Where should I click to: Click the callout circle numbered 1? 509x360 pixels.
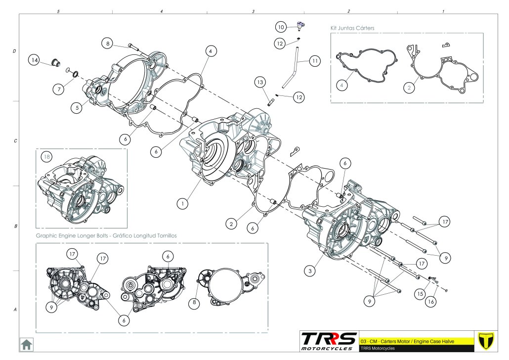182,203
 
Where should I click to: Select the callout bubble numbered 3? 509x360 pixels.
310,270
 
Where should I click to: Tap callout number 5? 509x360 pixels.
76,107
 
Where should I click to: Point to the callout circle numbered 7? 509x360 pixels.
59,89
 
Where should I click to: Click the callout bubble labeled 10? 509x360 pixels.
281,27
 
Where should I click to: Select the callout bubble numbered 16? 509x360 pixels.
432,300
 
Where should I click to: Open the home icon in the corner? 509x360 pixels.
26,343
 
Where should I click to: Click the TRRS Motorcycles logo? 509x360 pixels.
329,341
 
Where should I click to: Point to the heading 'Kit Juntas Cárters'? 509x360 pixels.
352,28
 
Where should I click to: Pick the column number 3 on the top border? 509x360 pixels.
253,10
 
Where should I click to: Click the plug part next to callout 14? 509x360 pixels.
55,63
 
